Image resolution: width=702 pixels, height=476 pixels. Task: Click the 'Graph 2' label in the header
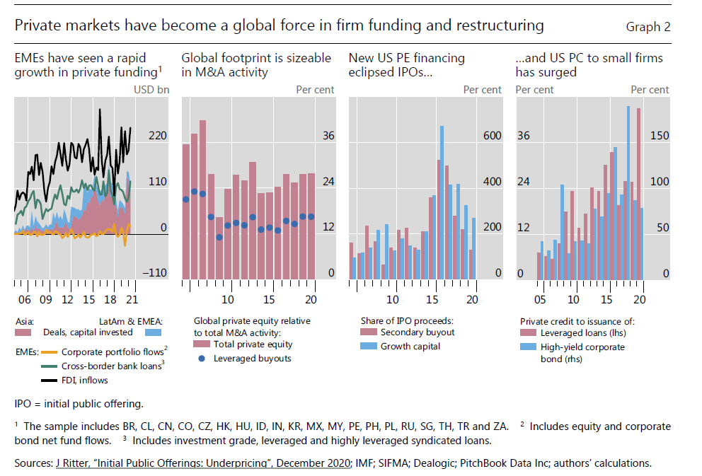tap(648, 28)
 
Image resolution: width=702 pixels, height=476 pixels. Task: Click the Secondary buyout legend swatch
tap(367, 332)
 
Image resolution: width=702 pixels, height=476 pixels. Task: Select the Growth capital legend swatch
tap(367, 347)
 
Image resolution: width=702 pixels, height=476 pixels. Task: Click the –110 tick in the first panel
tap(155, 273)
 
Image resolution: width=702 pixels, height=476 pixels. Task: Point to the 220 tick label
tap(157, 135)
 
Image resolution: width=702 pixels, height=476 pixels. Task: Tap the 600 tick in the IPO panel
tap(492, 135)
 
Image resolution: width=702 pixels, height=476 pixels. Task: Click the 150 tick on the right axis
tap(659, 135)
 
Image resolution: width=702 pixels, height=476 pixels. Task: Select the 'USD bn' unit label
tap(151, 90)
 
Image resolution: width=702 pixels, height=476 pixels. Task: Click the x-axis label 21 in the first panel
tap(132, 299)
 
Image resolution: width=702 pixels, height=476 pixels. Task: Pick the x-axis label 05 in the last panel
tap(540, 299)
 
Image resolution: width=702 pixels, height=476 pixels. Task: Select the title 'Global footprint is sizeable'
tap(256, 57)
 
